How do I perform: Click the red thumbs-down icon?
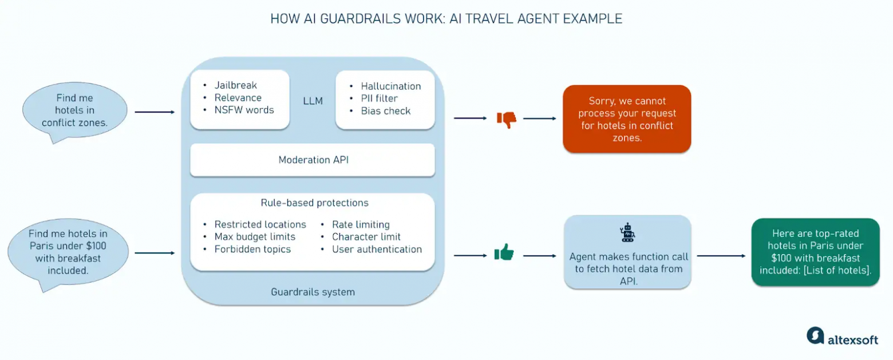[506, 119]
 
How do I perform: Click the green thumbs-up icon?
[504, 252]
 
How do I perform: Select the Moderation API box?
[313, 160]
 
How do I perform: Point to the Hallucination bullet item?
[390, 86]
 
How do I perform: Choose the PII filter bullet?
[379, 98]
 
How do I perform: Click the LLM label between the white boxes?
[313, 101]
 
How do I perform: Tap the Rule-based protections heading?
[314, 203]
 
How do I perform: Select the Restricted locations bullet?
[260, 224]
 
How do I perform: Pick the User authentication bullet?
[377, 249]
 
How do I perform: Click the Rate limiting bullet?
[361, 224]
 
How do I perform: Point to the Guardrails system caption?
[313, 292]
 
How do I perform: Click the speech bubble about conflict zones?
[74, 111]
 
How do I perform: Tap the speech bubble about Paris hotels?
[68, 252]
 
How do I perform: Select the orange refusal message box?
[627, 119]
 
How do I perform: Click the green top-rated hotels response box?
[815, 252]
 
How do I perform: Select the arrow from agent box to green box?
[720, 256]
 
